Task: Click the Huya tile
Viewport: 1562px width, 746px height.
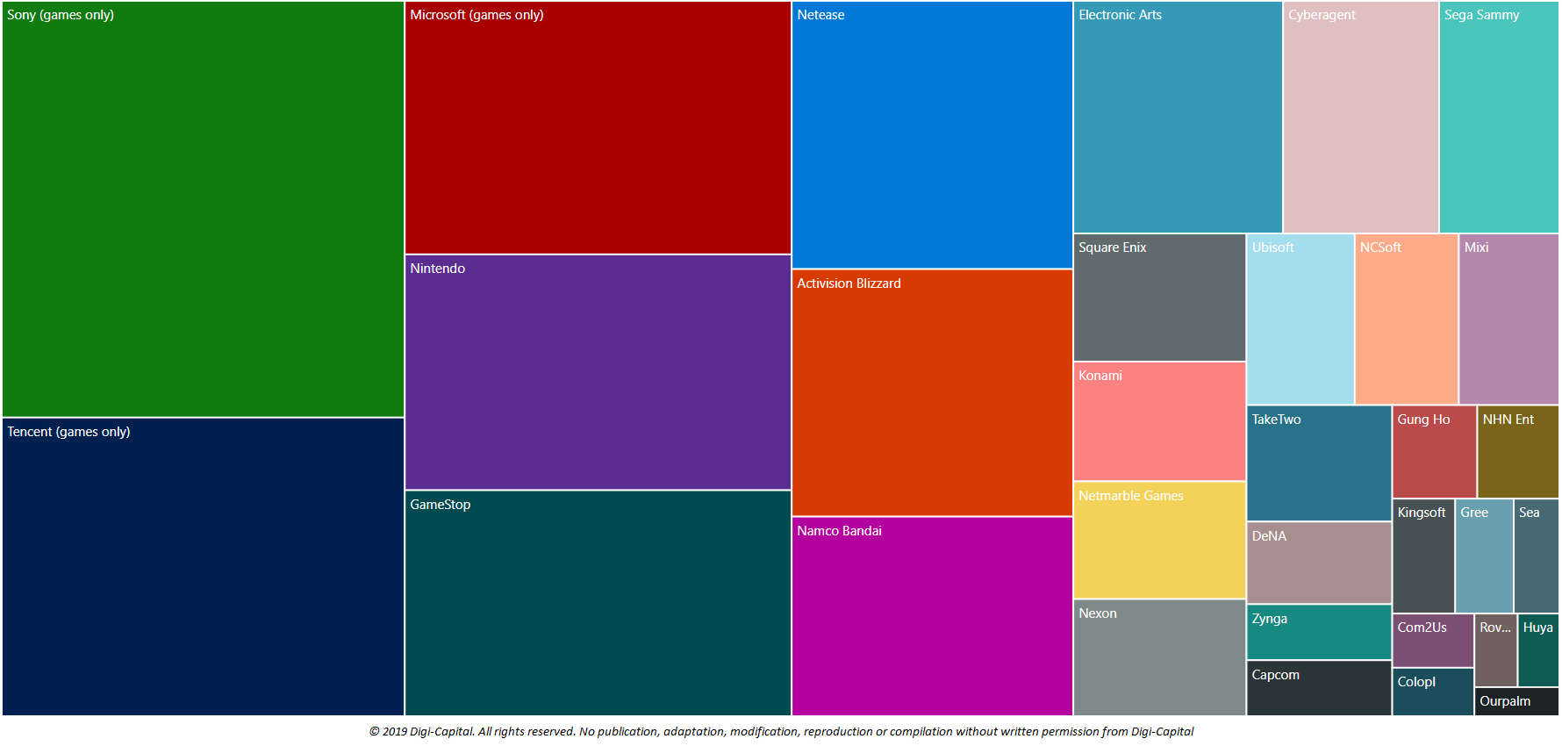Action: coord(1538,650)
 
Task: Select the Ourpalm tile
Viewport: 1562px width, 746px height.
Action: coord(1516,701)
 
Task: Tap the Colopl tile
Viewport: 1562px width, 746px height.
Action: coord(1432,692)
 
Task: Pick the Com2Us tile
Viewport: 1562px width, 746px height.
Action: coord(1432,641)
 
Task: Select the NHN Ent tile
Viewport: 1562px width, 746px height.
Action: coord(1517,452)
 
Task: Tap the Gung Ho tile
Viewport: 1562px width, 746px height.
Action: coord(1434,452)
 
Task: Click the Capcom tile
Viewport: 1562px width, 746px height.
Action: coord(1318,688)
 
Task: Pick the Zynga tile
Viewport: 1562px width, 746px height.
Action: coord(1318,632)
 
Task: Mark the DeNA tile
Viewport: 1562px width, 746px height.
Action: coord(1318,563)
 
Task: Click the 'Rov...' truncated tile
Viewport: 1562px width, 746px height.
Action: coord(1495,650)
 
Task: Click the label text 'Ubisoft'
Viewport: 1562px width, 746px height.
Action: coord(1272,247)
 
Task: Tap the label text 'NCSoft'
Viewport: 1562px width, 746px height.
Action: coord(1380,247)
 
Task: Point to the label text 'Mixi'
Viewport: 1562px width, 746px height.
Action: coord(1476,247)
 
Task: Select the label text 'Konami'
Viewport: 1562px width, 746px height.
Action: coord(1100,376)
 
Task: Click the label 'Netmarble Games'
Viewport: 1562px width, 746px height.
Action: coord(1130,496)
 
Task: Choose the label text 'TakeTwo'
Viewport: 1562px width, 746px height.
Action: coord(1276,420)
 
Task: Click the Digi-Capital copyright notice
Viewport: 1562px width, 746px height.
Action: coord(781,732)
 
